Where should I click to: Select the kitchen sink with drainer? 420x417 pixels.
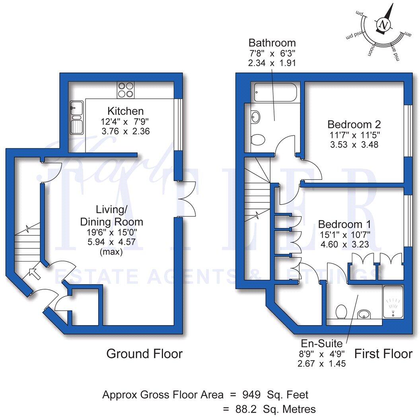[x=76, y=118]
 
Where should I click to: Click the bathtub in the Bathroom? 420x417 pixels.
[x=274, y=93]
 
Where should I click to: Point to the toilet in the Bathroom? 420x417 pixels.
[x=259, y=140]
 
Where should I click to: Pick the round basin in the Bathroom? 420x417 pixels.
[x=255, y=117]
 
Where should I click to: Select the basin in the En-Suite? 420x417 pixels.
[x=364, y=315]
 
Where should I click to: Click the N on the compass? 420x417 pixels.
[x=384, y=25]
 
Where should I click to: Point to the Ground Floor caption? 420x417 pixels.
[x=144, y=353]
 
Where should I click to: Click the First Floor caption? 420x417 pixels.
[x=383, y=353]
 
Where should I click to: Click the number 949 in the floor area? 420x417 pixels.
[x=251, y=395]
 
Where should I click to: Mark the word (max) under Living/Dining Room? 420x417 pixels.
[x=111, y=252]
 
